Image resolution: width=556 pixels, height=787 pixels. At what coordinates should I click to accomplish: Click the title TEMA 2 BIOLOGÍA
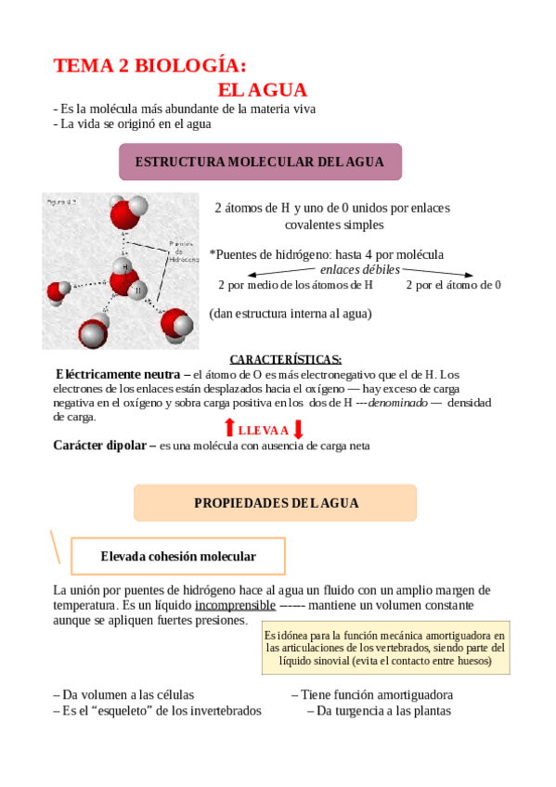pos(150,66)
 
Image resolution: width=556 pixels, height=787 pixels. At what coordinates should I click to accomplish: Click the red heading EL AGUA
pos(263,90)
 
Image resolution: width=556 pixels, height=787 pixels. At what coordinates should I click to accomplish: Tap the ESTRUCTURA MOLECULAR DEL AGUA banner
pos(260,161)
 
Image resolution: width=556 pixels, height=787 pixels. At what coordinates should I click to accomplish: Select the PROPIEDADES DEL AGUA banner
pos(276,503)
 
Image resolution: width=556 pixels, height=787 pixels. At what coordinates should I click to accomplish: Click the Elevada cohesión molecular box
pos(178,556)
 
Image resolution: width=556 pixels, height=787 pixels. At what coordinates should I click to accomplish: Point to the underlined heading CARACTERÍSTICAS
pos(285,359)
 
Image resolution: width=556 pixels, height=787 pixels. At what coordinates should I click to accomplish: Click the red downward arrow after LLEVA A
pos(298,429)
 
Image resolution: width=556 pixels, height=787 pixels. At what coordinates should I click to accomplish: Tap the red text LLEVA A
pos(264,430)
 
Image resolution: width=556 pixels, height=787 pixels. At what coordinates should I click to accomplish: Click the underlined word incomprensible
pos(235,605)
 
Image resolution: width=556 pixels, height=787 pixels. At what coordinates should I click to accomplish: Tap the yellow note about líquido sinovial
pos(384,648)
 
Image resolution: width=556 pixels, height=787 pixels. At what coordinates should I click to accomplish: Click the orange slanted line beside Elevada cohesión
pos(57,547)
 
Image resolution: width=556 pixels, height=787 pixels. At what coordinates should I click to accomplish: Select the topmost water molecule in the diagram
pos(126,212)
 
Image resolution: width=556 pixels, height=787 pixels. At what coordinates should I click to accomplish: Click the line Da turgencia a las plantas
pos(379,711)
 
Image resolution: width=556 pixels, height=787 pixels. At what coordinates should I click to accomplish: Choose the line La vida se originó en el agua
pos(132,123)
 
